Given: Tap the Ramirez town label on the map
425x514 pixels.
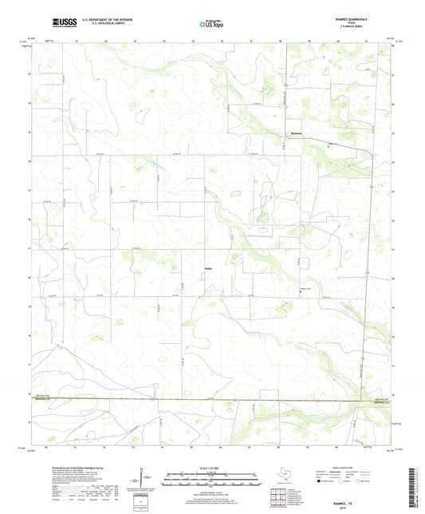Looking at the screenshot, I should pos(296,132).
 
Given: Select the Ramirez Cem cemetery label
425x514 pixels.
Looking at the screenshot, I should pos(304,288).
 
